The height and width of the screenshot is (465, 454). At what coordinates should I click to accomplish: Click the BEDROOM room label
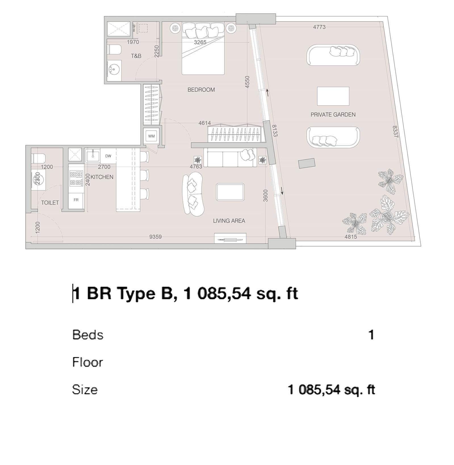[x=201, y=90]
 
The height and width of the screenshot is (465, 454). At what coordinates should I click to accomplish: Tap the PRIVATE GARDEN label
[x=333, y=115]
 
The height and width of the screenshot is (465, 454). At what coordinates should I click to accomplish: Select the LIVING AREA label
[x=229, y=221]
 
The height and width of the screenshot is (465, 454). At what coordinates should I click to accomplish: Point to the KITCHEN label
[x=102, y=177]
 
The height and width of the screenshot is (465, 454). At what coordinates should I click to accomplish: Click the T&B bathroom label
[x=136, y=56]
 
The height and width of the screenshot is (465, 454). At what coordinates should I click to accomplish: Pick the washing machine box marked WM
[x=151, y=136]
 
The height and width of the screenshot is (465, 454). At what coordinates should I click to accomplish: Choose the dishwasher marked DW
[x=108, y=156]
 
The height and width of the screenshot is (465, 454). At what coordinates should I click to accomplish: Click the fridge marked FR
[x=76, y=200]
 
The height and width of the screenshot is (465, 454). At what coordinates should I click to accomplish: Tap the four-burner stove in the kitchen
[x=76, y=178]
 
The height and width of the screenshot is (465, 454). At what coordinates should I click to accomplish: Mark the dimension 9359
[x=155, y=237]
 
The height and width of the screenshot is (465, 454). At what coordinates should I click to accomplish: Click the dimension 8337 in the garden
[x=395, y=132]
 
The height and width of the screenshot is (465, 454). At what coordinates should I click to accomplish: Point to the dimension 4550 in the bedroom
[x=247, y=82]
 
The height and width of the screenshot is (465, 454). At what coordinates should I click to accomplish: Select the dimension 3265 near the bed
[x=200, y=42]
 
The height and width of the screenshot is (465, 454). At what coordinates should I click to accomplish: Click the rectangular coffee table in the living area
[x=230, y=192]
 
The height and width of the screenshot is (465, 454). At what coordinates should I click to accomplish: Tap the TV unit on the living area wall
[x=230, y=239]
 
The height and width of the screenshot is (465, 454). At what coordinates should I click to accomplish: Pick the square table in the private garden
[x=333, y=96]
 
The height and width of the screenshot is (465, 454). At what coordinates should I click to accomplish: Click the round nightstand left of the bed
[x=175, y=28]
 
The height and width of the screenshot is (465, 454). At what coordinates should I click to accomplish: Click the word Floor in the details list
[x=87, y=363]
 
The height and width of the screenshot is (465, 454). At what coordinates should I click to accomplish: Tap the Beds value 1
[x=371, y=335]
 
